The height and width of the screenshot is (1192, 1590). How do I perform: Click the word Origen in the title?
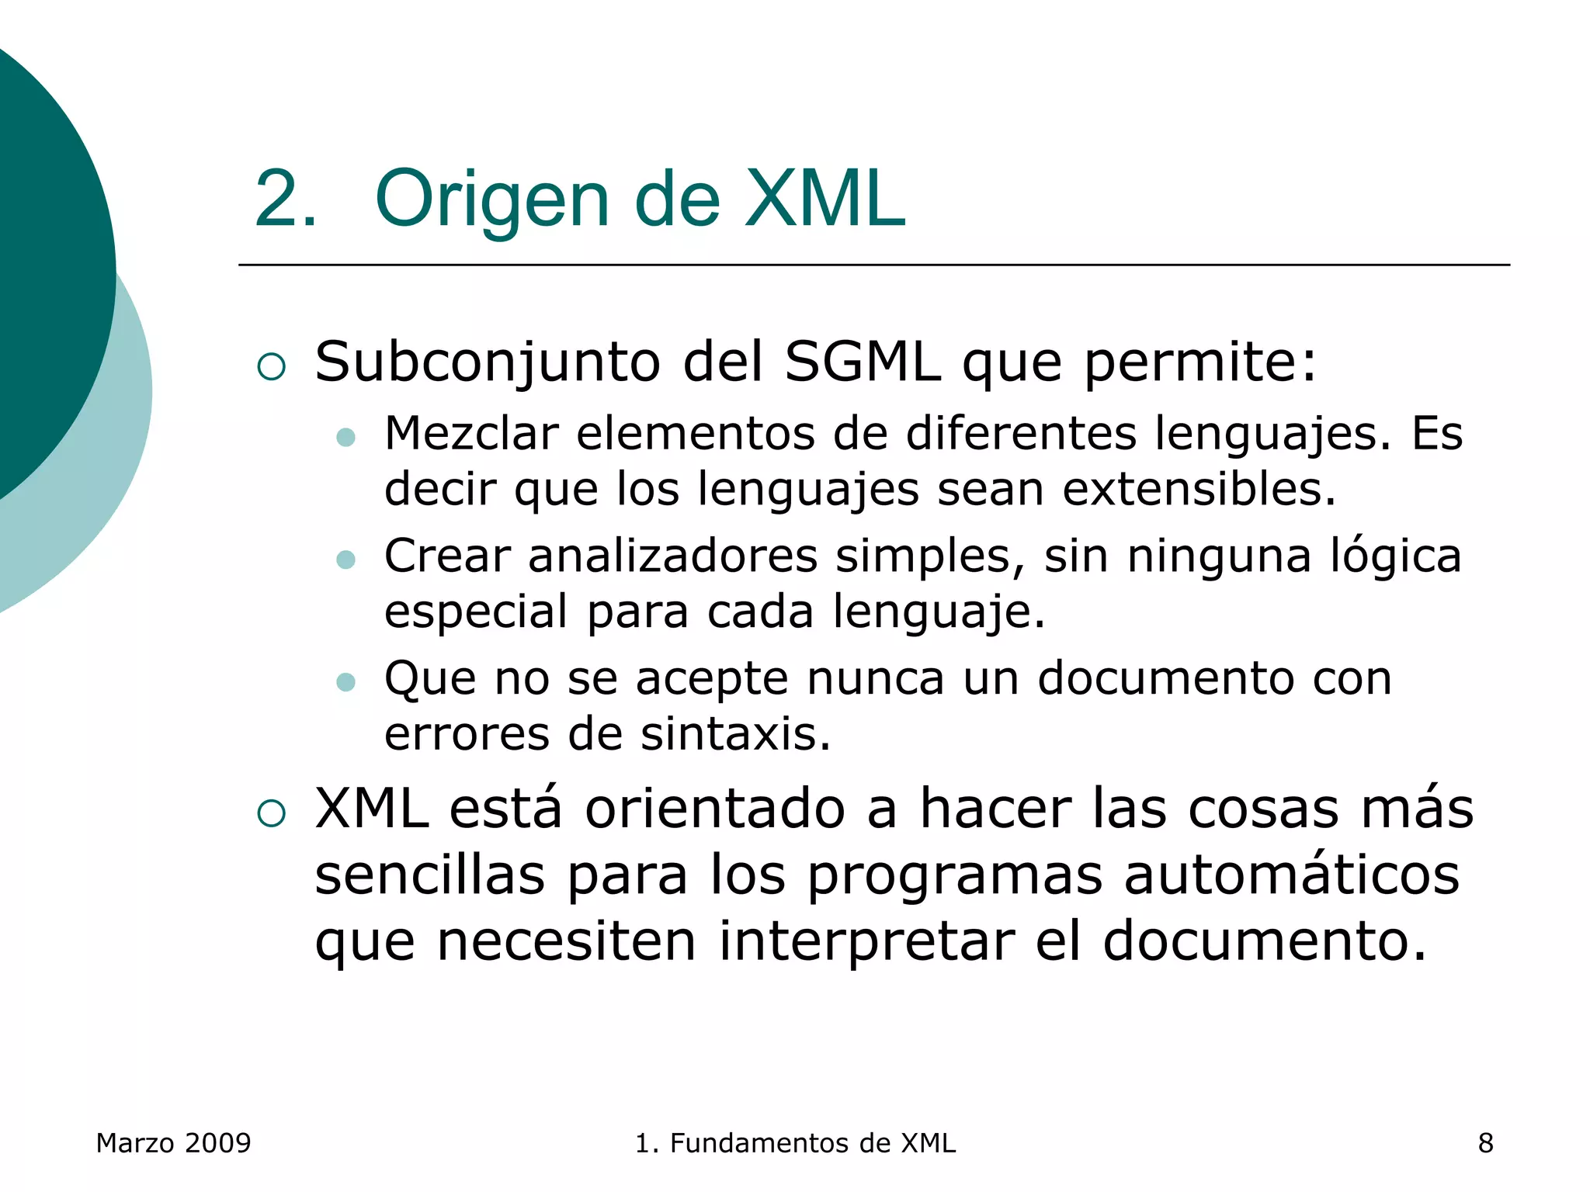pyautogui.click(x=492, y=199)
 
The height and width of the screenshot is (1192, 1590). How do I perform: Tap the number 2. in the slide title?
pyautogui.click(x=285, y=199)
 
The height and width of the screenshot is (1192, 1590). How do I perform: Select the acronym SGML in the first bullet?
pyautogui.click(x=862, y=362)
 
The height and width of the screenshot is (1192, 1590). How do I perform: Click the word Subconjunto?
pyautogui.click(x=488, y=362)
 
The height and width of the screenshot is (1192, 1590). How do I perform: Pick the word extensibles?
pyautogui.click(x=1199, y=489)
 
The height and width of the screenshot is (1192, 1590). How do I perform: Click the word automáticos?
pyautogui.click(x=1291, y=875)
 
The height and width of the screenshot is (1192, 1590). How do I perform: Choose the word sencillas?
pyautogui.click(x=430, y=875)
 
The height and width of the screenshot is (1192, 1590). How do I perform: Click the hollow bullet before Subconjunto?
pyautogui.click(x=271, y=366)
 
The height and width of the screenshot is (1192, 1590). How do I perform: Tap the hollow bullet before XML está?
pyautogui.click(x=271, y=813)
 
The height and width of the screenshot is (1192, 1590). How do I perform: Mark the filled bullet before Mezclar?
pyautogui.click(x=345, y=438)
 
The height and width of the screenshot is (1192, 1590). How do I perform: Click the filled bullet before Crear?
pyautogui.click(x=345, y=560)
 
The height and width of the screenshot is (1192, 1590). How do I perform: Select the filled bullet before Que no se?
pyautogui.click(x=345, y=682)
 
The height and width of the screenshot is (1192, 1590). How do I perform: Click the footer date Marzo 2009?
pyautogui.click(x=173, y=1143)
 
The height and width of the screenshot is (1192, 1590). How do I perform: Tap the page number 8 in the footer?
pyautogui.click(x=1485, y=1143)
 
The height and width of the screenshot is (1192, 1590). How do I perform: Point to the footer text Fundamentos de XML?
pyautogui.click(x=812, y=1143)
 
